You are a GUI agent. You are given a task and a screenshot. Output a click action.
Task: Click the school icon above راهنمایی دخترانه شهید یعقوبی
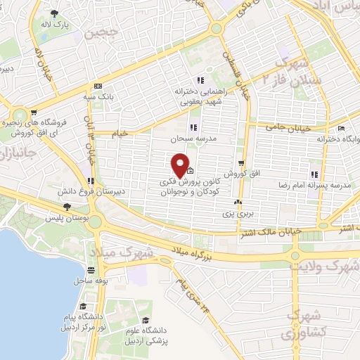(x=200, y=79)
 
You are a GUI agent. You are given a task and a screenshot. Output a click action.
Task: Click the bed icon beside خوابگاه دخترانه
(x=342, y=129)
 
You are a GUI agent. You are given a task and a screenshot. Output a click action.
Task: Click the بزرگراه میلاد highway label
(x=198, y=252)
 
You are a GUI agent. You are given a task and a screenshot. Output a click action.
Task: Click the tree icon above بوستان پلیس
(x=66, y=206)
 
